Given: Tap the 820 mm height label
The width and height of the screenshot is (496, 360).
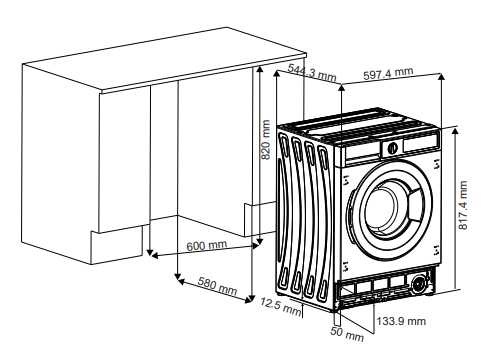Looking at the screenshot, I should pyautogui.click(x=266, y=139).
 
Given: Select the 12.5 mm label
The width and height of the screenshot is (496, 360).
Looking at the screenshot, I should pyautogui.click(x=280, y=305).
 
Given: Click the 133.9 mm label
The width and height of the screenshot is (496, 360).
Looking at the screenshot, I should pyautogui.click(x=402, y=321).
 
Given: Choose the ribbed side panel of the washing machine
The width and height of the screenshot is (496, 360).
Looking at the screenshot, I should pyautogui.click(x=305, y=215).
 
